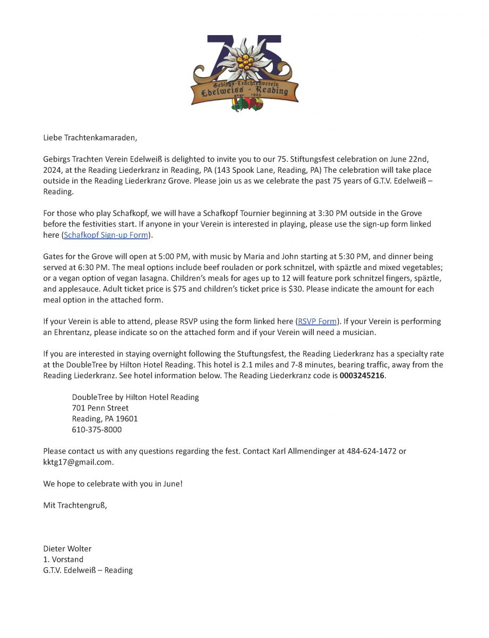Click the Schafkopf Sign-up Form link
pyautogui.click(x=106, y=234)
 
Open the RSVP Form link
pyautogui.click(x=318, y=322)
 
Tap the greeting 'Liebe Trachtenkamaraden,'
pyautogui.click(x=90, y=138)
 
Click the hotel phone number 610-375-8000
pyautogui.click(x=97, y=430)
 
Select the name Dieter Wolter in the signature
pyautogui.click(x=67, y=548)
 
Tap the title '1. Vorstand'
pyautogui.click(x=63, y=559)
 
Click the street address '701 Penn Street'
pyautogui.click(x=100, y=408)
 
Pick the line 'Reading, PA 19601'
pyautogui.click(x=105, y=419)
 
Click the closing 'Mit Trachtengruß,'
pyautogui.click(x=75, y=505)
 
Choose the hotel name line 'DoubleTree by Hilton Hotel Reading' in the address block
pyautogui.click(x=135, y=397)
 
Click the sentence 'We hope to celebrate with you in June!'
pyautogui.click(x=113, y=484)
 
